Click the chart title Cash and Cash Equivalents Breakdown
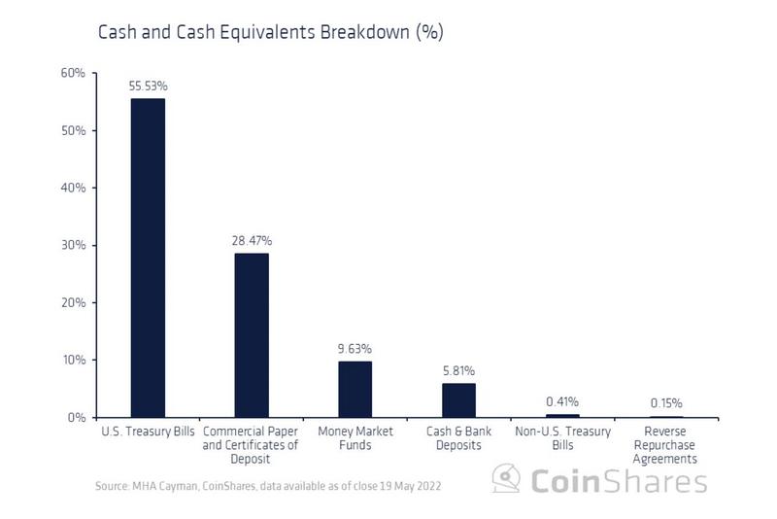click(x=271, y=32)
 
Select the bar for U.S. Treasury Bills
click(x=148, y=258)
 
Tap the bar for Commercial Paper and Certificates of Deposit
click(x=252, y=335)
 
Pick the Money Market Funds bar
click(x=355, y=389)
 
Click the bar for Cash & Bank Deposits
click(x=458, y=399)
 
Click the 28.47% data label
click(x=252, y=240)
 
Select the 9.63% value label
click(x=355, y=348)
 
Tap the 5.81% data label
click(x=458, y=370)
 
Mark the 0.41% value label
click(x=562, y=401)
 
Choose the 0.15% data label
click(x=666, y=402)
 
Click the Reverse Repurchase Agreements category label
click(x=666, y=445)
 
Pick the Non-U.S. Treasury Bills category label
click(x=562, y=438)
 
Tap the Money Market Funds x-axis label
click(x=355, y=438)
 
